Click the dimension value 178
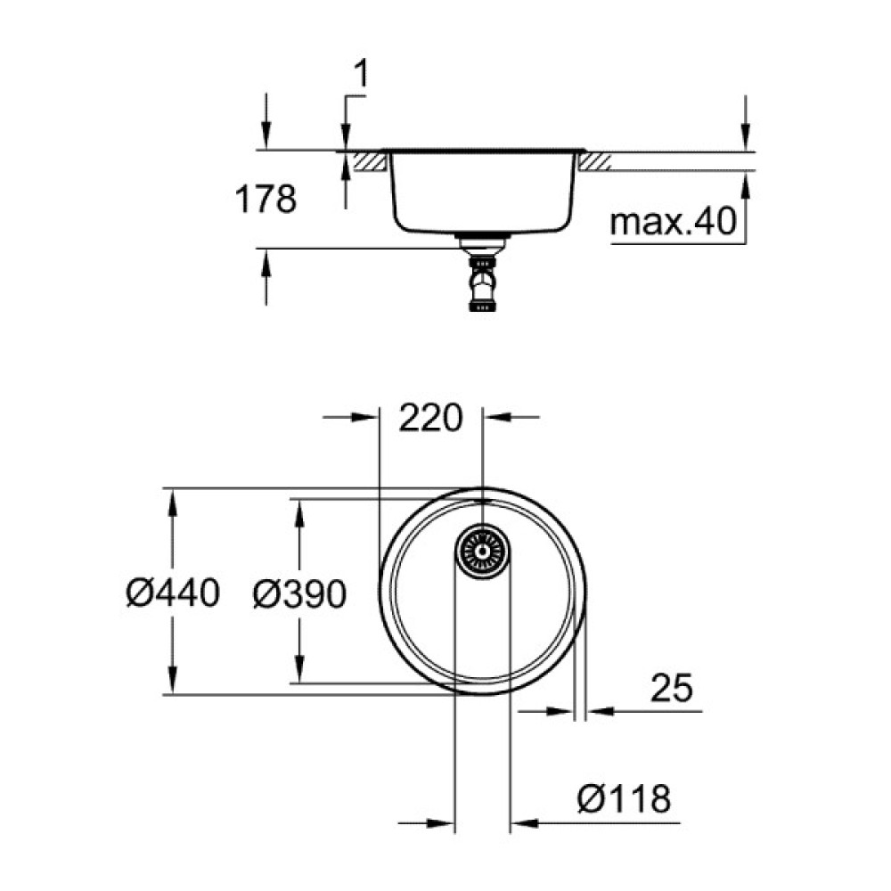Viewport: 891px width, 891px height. point(265,200)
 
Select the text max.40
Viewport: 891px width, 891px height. point(674,224)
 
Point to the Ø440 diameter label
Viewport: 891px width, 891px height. point(172,593)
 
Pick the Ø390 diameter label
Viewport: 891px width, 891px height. point(298,593)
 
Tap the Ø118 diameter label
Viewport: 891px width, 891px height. point(624,799)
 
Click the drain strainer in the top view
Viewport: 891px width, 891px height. point(481,552)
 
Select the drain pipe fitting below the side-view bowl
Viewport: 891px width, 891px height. point(481,281)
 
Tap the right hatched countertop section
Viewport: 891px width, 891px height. point(594,161)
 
